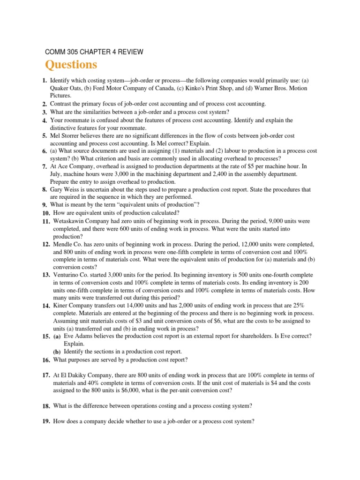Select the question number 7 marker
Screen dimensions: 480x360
44,167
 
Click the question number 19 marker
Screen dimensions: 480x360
45,421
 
